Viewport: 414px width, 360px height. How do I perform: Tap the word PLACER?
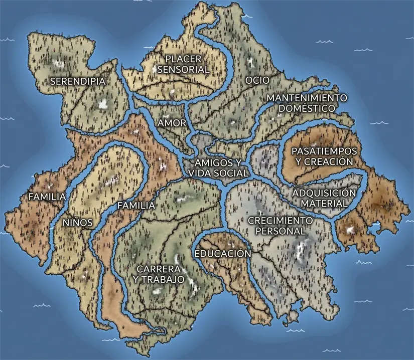pos(183,60)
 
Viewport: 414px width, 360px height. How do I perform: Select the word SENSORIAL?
pos(183,70)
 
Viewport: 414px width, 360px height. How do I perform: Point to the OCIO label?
pos(257,80)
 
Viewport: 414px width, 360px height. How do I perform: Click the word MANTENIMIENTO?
pos(307,97)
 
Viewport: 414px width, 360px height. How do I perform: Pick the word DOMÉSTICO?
pos(307,108)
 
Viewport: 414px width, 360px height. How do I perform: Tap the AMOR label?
pos(172,123)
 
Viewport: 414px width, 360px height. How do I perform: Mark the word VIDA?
pos(201,173)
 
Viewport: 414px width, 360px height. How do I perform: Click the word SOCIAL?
pos(231,173)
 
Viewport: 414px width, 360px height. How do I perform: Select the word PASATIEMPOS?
pos(324,151)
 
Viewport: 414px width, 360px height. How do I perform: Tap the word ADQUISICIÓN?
pos(324,194)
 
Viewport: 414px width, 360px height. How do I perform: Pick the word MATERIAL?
pos(324,204)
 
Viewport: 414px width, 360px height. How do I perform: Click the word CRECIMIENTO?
pos(281,221)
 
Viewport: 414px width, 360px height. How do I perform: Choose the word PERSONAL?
pos(281,231)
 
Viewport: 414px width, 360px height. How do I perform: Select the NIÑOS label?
pos(77,222)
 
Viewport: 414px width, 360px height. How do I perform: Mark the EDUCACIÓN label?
pos(222,254)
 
